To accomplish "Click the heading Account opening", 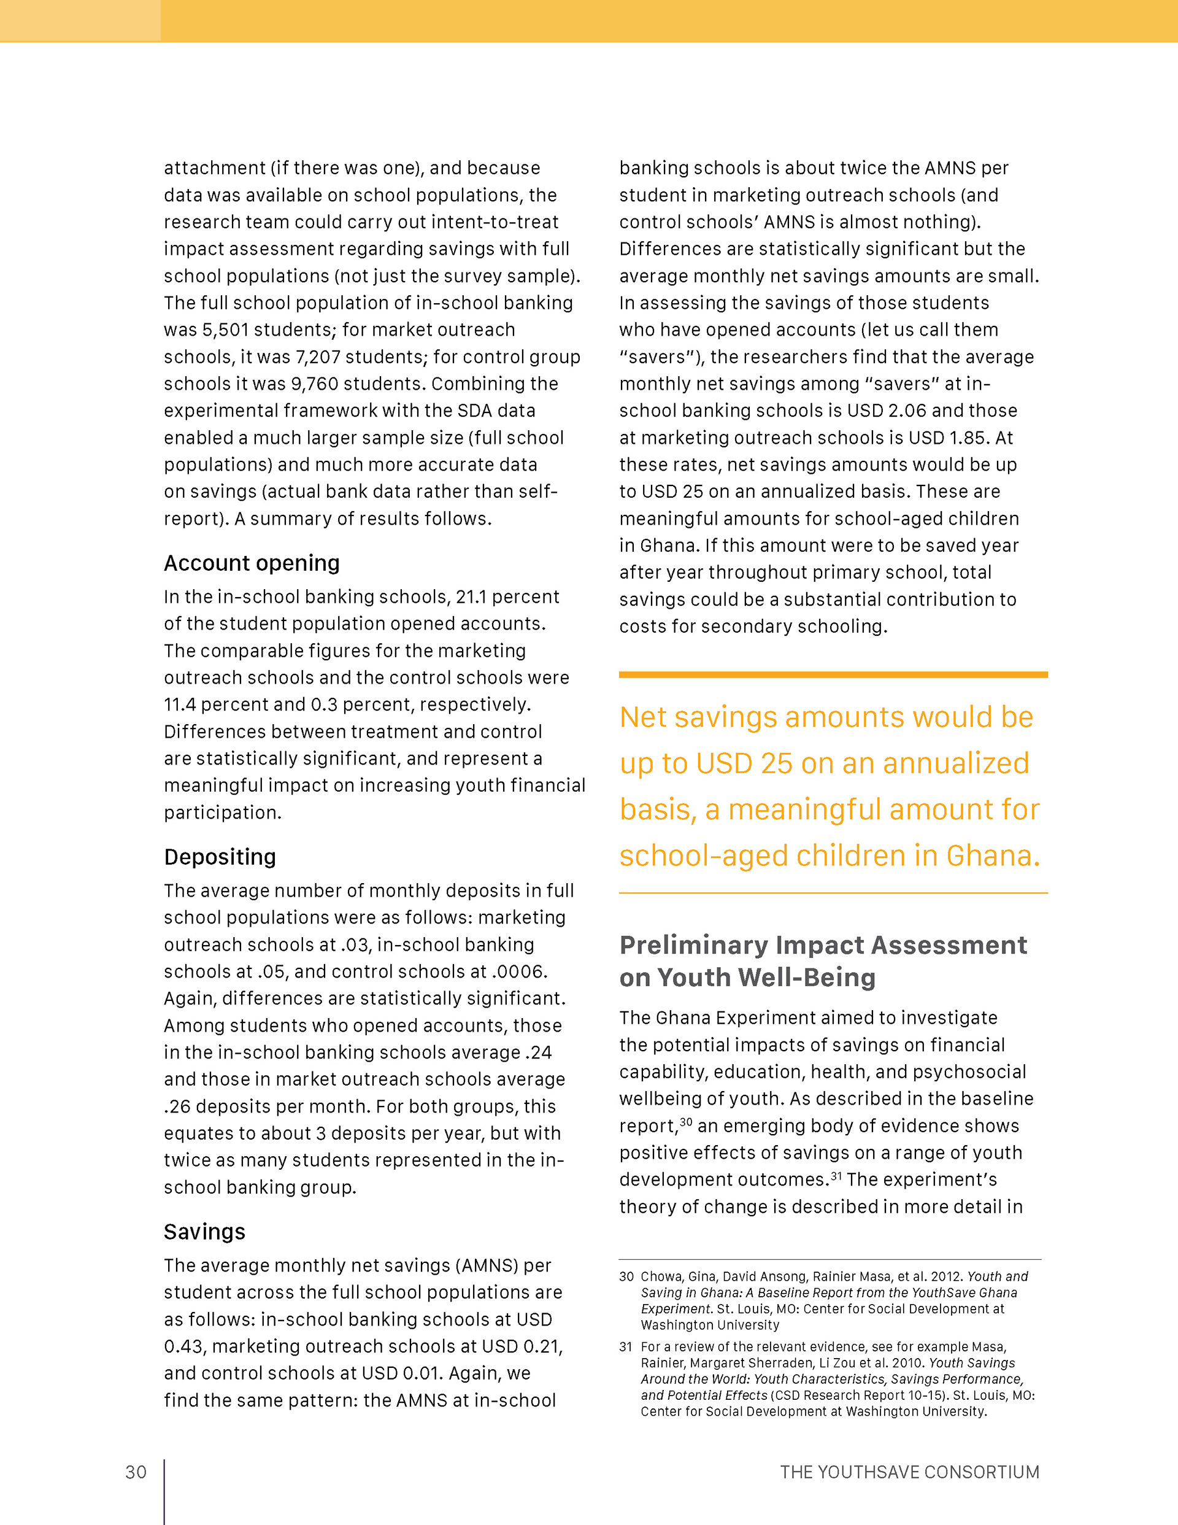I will pyautogui.click(x=252, y=563).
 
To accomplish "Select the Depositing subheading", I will pyautogui.click(x=220, y=857).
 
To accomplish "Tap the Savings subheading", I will pyautogui.click(x=204, y=1232).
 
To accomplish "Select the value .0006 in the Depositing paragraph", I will pyautogui.click(x=518, y=971).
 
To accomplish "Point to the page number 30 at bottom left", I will pyautogui.click(x=136, y=1472).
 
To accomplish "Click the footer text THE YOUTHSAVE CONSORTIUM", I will pyautogui.click(x=909, y=1472).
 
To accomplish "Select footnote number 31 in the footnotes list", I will pyautogui.click(x=626, y=1347).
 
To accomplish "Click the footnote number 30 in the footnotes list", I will pyautogui.click(x=626, y=1277).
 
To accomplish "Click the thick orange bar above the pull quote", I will pyautogui.click(x=833, y=674).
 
